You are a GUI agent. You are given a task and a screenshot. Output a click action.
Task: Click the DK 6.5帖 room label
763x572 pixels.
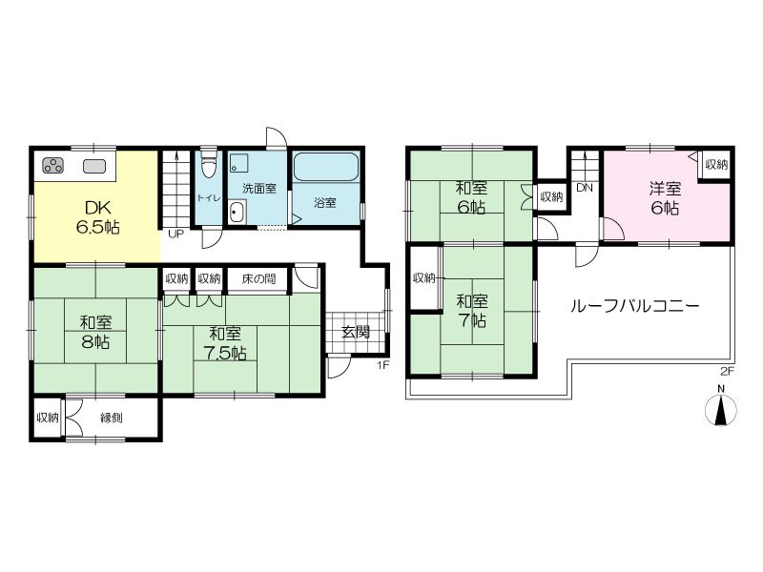98,217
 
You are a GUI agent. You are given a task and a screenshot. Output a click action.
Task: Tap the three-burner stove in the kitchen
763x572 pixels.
53,166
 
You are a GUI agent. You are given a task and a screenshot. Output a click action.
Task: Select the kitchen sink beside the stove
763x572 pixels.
93,166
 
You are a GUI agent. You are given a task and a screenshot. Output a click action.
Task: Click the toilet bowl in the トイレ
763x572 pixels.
209,164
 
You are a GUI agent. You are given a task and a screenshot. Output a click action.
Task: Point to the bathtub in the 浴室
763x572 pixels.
326,167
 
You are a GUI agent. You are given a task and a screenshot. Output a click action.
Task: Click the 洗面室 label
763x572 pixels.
259,189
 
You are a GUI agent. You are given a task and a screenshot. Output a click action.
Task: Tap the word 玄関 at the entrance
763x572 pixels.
356,332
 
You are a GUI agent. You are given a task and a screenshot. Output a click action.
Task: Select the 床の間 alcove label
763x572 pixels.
258,278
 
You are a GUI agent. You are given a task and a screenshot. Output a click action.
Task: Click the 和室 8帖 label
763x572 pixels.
96,332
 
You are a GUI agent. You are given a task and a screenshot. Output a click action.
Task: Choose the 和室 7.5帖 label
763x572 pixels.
225,343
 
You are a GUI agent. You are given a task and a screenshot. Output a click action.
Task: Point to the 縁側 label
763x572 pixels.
112,418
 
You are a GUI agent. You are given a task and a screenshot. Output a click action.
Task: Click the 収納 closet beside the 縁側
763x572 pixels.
48,418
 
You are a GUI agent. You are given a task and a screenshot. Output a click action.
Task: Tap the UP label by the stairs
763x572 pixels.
175,234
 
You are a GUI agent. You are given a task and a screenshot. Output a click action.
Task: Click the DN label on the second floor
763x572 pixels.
585,187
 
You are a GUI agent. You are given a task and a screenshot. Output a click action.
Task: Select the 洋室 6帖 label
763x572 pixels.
665,198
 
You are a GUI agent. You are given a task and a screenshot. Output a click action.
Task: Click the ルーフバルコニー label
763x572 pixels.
634,306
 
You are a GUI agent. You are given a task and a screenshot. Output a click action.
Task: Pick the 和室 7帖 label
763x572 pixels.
471,312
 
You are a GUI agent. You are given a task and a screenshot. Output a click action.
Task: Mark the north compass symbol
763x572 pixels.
721,407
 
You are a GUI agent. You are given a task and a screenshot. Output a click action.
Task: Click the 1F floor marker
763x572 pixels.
383,365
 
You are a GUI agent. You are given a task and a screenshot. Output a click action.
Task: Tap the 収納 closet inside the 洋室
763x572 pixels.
716,165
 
